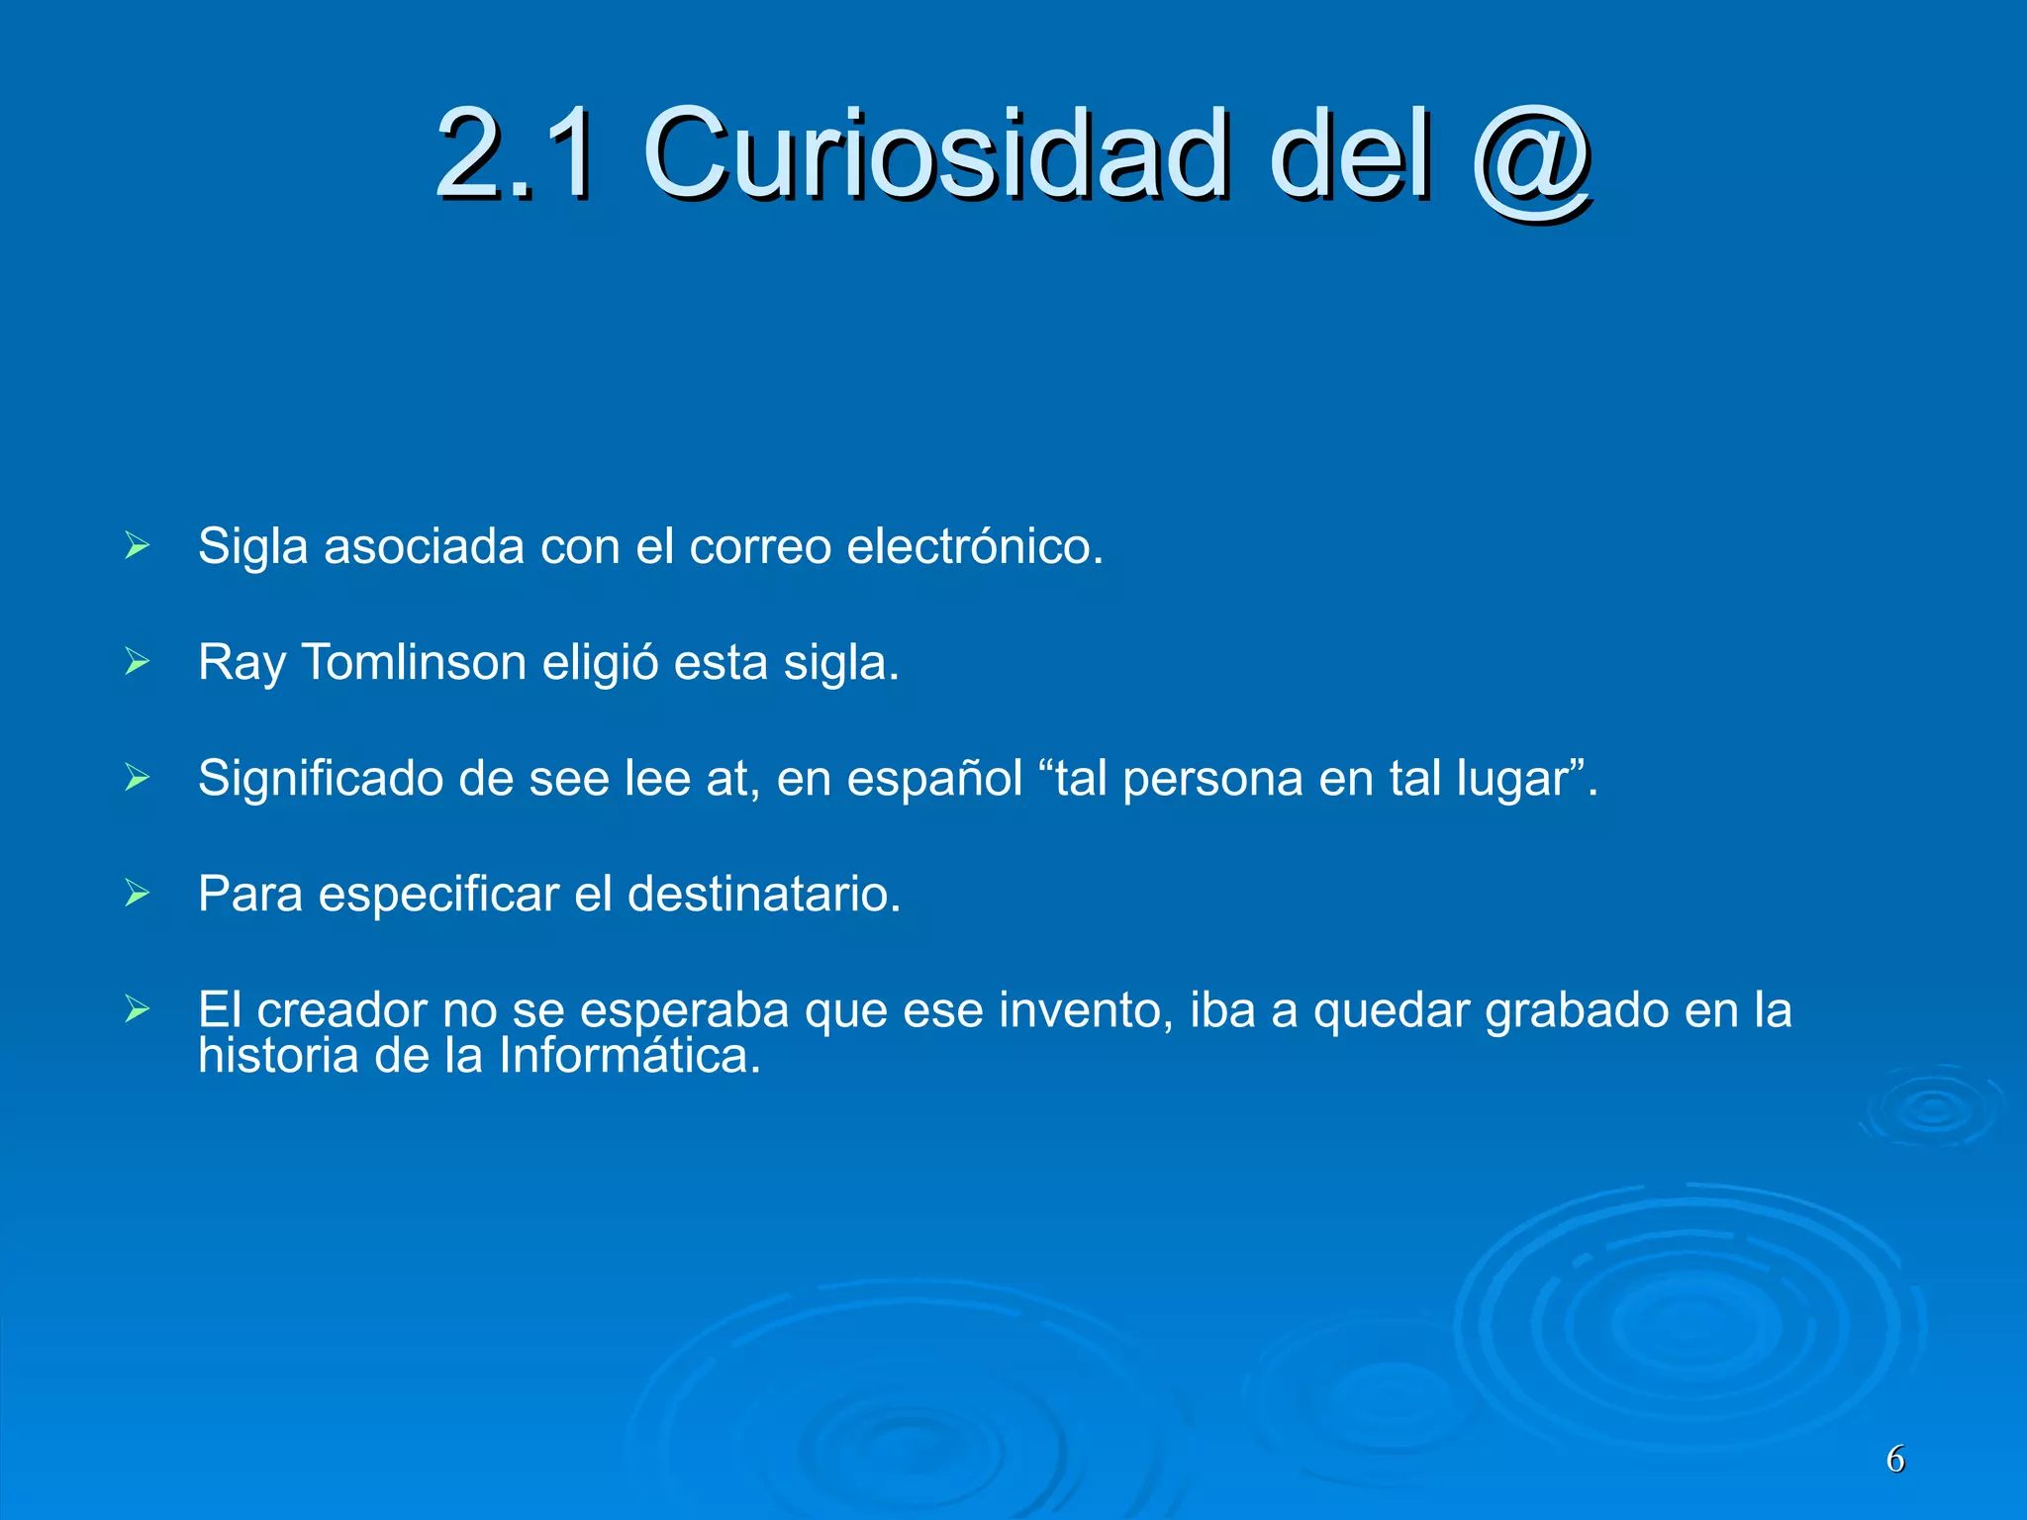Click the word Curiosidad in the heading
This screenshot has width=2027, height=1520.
[x=936, y=154]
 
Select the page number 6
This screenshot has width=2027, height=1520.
[x=1895, y=1460]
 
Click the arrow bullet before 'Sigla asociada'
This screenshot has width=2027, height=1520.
[x=138, y=545]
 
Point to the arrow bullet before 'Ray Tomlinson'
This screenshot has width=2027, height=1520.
[x=138, y=661]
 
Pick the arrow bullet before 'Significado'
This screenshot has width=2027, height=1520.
[x=138, y=778]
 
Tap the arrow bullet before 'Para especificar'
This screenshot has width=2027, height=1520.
[x=138, y=894]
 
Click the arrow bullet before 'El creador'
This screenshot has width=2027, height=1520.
[x=138, y=1009]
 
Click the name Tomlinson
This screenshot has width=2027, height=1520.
[x=414, y=661]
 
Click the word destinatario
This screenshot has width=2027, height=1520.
[x=763, y=894]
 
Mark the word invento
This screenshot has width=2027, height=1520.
[x=1086, y=1010]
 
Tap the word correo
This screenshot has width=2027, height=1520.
[x=760, y=545]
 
